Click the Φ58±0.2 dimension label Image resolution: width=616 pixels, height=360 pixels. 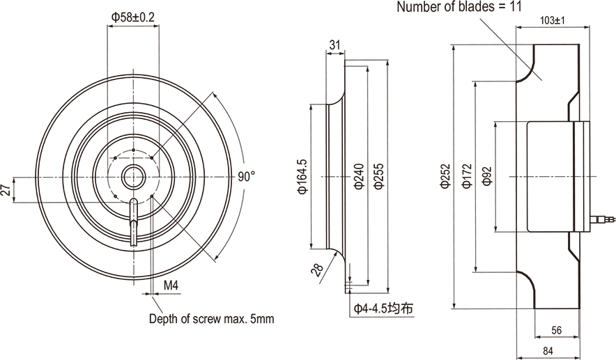click(x=132, y=17)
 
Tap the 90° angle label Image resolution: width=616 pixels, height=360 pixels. click(x=246, y=176)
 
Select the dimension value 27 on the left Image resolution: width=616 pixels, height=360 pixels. click(x=6, y=189)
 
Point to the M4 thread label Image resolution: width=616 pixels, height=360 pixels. click(x=170, y=285)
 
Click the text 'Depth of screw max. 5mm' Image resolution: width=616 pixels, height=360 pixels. click(x=212, y=320)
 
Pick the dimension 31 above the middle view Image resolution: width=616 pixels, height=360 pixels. click(x=335, y=45)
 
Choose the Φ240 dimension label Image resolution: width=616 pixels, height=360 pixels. click(x=358, y=177)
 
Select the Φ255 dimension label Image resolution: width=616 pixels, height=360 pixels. click(x=378, y=177)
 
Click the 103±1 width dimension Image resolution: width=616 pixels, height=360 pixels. click(x=552, y=21)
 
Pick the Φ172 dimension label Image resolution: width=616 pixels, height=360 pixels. click(x=467, y=177)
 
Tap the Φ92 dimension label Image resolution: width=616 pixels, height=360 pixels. click(x=487, y=177)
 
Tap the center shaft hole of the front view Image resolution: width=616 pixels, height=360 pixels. click(x=132, y=177)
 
